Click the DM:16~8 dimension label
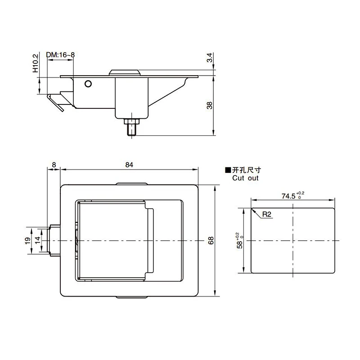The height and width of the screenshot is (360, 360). point(60,55)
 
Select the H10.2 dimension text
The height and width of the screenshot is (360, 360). point(36,63)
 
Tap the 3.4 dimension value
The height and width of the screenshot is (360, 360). point(210,58)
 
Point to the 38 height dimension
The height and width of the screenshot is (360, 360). point(210,105)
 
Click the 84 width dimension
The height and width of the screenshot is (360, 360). point(129,165)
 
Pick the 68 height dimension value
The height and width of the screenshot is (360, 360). point(211,240)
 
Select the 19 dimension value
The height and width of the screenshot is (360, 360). point(27,241)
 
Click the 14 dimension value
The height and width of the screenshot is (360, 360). point(37,240)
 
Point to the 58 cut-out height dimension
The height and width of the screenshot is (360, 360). point(239,241)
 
